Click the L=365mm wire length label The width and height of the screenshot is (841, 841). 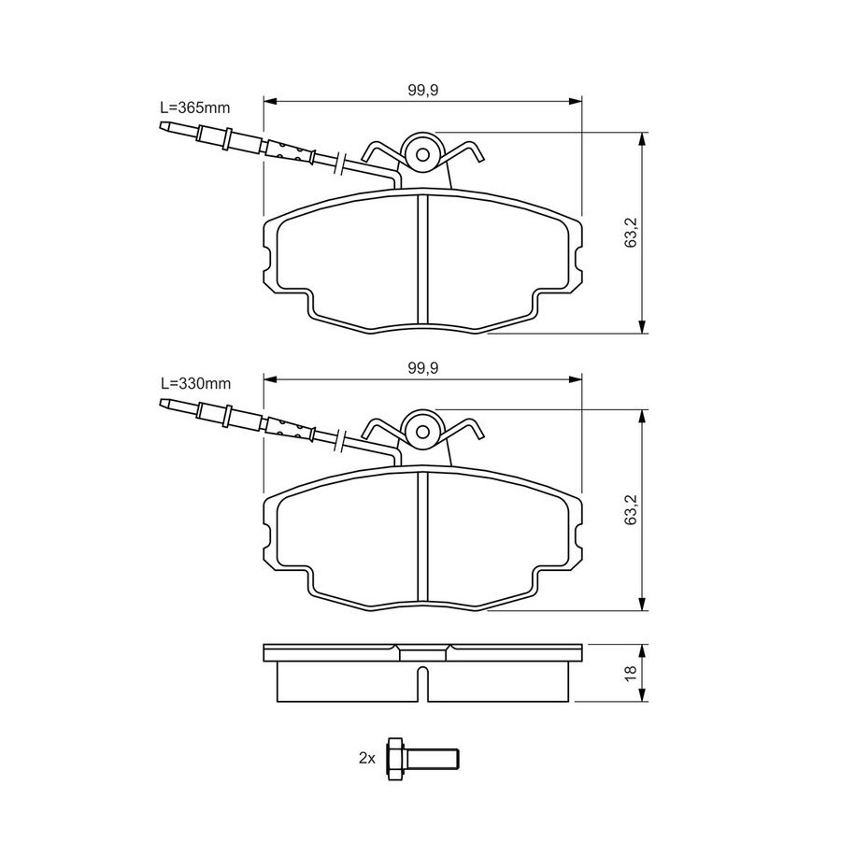click(195, 107)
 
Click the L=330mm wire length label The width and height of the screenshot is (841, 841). click(196, 384)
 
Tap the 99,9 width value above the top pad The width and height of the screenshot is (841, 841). click(423, 90)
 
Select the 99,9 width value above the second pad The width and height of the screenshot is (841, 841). click(423, 368)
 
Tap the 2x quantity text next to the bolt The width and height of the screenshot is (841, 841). click(367, 759)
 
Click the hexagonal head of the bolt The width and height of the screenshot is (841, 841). click(396, 759)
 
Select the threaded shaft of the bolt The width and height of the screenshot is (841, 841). click(433, 759)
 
